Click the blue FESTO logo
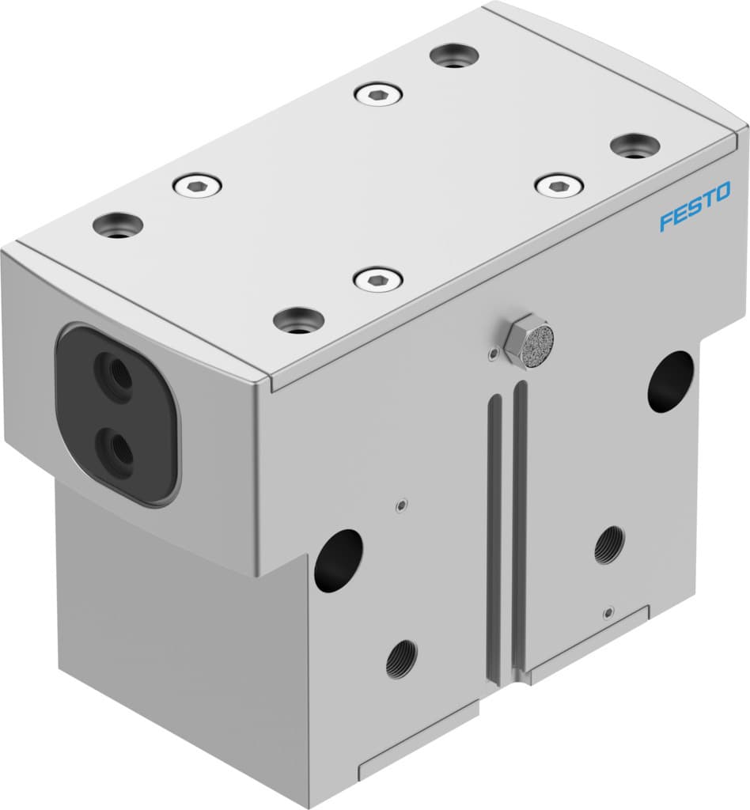coord(695,206)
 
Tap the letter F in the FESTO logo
coord(666,221)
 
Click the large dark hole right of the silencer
coord(670,380)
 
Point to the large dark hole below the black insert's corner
coord(338,560)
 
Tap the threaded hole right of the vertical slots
coord(608,544)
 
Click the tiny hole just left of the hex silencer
coord(494,353)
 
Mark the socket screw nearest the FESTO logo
coord(559,187)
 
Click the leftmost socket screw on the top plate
coord(197,186)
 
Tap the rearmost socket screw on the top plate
coord(378,94)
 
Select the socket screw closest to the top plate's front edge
coord(377,278)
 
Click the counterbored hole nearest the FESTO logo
coord(635,146)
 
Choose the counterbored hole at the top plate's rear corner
coord(453,55)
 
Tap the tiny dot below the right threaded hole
coord(607,612)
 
